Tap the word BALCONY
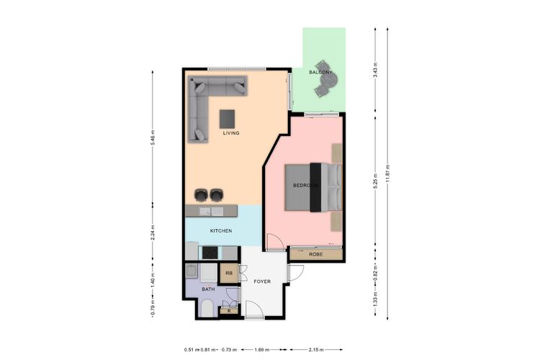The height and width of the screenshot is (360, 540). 320,73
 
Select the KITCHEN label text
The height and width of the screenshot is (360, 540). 220,231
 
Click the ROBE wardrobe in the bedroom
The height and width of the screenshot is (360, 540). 315,254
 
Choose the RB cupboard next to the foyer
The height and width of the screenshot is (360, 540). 228,274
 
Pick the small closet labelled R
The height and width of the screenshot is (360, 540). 228,310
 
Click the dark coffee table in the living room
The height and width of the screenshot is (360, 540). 228,117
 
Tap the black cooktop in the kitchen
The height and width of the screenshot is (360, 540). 211,253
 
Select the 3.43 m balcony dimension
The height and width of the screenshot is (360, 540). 376,70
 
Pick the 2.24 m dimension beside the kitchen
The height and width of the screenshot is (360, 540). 153,233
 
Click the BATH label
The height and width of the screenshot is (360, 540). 208,289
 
